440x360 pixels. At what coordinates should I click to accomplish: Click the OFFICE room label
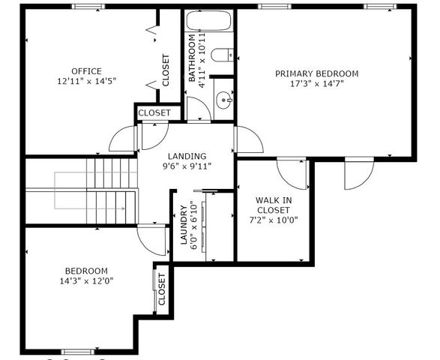[86, 71]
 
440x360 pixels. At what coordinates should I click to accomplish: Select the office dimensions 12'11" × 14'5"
[86, 80]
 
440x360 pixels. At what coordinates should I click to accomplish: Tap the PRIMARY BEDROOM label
[316, 73]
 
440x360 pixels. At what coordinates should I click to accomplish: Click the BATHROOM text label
[192, 58]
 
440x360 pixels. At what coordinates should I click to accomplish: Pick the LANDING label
[187, 156]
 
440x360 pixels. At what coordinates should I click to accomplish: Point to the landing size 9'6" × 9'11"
[187, 166]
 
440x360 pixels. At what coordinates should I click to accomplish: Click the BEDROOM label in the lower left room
[85, 271]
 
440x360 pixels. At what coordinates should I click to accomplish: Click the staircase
[97, 191]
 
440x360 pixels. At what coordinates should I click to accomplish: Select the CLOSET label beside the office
[166, 69]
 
